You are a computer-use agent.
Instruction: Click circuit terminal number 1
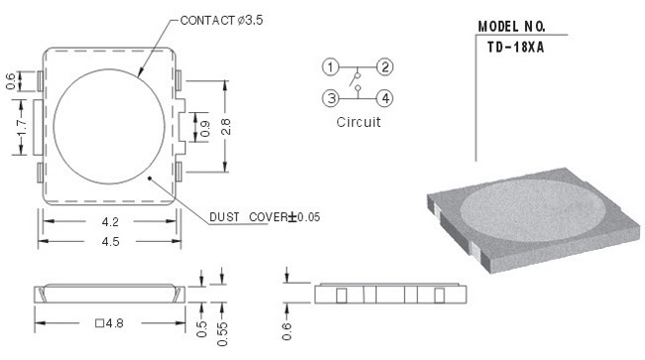point(330,67)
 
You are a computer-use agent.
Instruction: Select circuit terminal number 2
point(385,67)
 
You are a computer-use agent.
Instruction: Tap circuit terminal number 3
point(330,98)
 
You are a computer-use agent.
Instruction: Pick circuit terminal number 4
point(385,98)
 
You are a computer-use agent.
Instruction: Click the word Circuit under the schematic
point(358,122)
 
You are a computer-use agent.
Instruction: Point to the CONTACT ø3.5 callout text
point(221,20)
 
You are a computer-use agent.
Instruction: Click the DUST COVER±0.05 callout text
point(265,217)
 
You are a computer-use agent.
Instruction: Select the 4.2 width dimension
point(110,222)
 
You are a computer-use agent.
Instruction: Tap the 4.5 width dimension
point(110,241)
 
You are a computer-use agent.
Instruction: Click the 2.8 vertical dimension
point(226,127)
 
